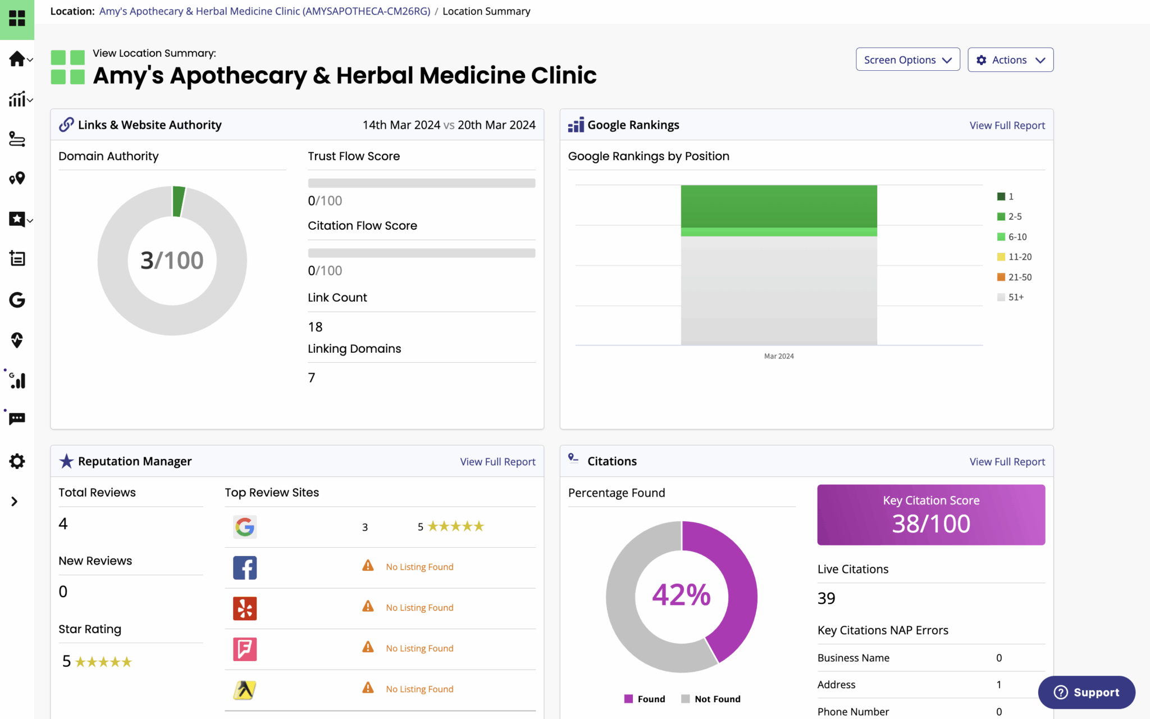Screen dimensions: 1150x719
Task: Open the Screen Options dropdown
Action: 907,60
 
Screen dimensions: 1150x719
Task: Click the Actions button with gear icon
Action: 1010,60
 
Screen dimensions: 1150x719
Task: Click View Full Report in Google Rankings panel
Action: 1007,125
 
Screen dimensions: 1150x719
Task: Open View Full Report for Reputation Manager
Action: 498,462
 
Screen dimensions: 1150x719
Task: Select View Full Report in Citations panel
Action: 1007,462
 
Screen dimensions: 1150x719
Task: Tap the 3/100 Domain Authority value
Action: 172,260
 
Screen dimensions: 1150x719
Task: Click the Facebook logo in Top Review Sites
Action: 245,568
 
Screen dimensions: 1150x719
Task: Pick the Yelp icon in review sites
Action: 245,608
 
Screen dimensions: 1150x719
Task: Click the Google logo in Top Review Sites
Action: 245,527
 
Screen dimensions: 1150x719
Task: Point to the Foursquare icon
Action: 245,649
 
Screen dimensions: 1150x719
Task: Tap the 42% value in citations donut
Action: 681,595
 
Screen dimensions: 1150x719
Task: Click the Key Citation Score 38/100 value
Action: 931,524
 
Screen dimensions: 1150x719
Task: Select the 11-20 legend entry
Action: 1014,257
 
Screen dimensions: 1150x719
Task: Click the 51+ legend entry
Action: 1010,297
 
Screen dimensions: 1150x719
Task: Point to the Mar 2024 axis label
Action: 779,356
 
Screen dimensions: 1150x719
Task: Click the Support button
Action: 1087,693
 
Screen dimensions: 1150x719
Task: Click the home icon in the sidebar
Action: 17,59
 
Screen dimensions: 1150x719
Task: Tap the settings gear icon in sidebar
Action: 17,461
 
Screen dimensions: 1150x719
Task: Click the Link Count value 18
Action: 315,327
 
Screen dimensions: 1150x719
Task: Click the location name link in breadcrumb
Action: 264,11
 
